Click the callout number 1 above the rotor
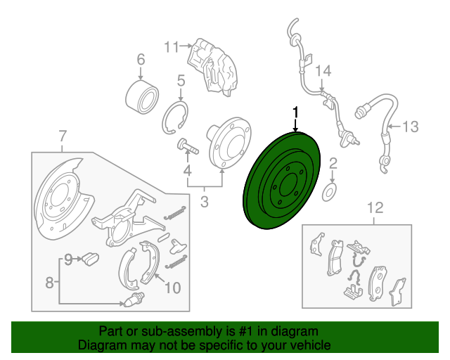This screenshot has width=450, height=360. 296,112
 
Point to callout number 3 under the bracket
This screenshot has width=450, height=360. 205,204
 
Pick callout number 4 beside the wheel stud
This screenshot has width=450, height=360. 188,171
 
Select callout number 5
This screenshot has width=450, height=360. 181,81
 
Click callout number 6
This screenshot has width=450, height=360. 140,59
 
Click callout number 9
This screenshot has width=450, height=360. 69,259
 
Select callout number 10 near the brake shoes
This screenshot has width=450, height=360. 172,287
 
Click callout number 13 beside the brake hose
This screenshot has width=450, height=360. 410,127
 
